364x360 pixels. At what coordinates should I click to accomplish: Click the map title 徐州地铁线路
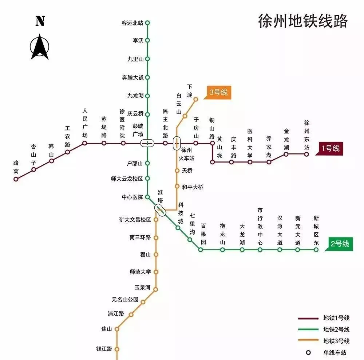pos(302,21)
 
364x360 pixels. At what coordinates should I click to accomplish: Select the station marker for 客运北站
pos(147,23)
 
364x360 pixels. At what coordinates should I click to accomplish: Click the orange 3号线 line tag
pos(219,92)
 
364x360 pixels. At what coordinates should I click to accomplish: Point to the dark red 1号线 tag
pos(330,148)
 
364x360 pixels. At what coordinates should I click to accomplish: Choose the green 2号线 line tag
pos(340,244)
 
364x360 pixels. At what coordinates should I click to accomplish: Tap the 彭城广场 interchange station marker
pos(147,143)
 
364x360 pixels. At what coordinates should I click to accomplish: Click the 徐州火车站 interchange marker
pos(177,143)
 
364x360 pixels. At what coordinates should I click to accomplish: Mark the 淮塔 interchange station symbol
pos(160,209)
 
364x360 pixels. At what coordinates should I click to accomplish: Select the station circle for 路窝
pos(16,179)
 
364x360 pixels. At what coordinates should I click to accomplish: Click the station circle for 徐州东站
pos(306,154)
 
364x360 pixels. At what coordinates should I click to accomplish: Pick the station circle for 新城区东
pos(316,250)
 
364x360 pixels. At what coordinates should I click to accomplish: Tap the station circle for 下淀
pos(195,99)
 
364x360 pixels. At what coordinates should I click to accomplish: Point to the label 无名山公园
pos(125,300)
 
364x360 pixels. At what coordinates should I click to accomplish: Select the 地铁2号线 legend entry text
pos(336,329)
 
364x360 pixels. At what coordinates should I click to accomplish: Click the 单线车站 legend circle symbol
pos(308,352)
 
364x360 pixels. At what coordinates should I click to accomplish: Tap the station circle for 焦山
pos(117,329)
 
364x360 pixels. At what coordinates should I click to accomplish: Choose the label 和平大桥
pos(193,187)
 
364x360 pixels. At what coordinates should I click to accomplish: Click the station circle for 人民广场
pos(84,143)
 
